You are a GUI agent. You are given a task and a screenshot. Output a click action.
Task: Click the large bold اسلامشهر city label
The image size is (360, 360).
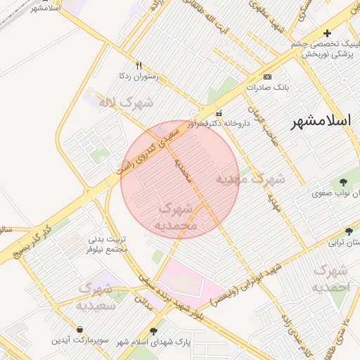[x=321, y=120]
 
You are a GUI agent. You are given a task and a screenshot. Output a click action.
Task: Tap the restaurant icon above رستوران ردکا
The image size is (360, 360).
[x=139, y=65]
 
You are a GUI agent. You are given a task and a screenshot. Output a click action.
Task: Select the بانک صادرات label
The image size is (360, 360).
[x=265, y=87]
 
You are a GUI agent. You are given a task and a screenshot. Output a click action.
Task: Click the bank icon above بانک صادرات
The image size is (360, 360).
[x=267, y=77]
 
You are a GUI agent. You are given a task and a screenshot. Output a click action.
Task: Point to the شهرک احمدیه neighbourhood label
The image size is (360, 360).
[x=330, y=278]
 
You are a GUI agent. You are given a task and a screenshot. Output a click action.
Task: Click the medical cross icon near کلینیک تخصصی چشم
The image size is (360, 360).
[x=326, y=33]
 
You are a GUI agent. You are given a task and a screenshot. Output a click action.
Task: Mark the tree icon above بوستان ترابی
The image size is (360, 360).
[x=349, y=231]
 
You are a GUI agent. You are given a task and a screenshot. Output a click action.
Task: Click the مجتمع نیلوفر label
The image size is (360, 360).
[x=107, y=249]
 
